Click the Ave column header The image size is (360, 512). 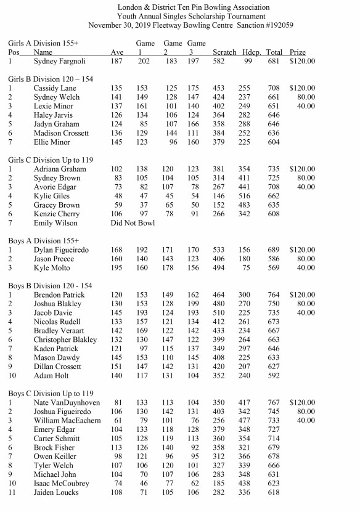pyautogui.click(x=117, y=52)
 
